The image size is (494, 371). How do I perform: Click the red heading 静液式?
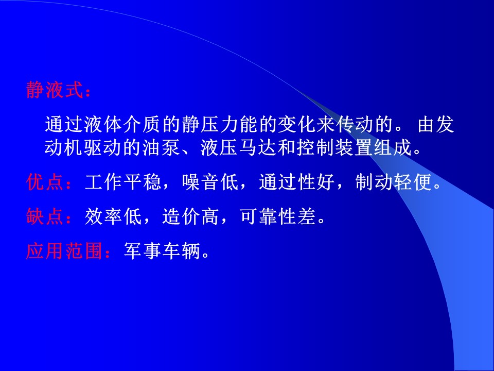pyautogui.click(x=55, y=90)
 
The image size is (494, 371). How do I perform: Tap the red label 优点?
pyautogui.click(x=45, y=182)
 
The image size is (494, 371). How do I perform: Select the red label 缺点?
pyautogui.click(x=45, y=216)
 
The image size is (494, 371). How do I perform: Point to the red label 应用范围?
pyautogui.click(x=64, y=251)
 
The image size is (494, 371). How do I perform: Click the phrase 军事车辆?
pyautogui.click(x=163, y=251)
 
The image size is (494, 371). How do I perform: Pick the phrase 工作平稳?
pyautogui.click(x=123, y=182)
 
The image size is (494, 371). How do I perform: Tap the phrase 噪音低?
pyautogui.click(x=210, y=182)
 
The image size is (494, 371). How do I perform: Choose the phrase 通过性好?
pyautogui.click(x=297, y=182)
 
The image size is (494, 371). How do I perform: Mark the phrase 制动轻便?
pyautogui.click(x=394, y=182)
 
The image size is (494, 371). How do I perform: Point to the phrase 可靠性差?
pyautogui.click(x=278, y=216)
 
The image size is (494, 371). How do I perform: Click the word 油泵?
pyautogui.click(x=161, y=147)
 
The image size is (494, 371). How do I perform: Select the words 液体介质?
pyautogui.click(x=123, y=124)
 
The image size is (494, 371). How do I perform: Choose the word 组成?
pyautogui.click(x=393, y=147)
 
